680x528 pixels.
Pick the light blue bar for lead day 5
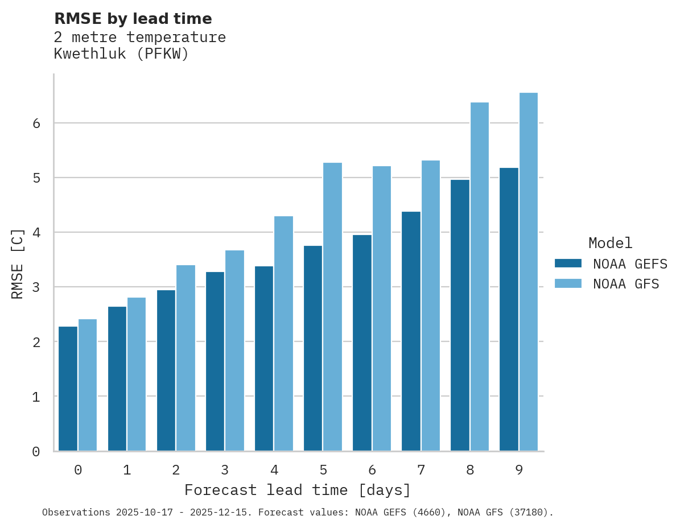333,307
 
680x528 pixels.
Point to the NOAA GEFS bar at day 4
264,358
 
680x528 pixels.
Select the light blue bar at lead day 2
186,358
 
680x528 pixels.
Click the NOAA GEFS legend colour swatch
568,263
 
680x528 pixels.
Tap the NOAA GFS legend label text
626,284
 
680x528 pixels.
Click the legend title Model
610,244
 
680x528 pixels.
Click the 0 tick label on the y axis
35,452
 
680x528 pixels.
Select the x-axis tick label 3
225,471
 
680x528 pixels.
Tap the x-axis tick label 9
519,471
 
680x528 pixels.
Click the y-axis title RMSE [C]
18,263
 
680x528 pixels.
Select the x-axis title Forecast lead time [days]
297,490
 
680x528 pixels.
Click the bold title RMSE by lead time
133,19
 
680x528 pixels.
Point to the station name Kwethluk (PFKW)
121,54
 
